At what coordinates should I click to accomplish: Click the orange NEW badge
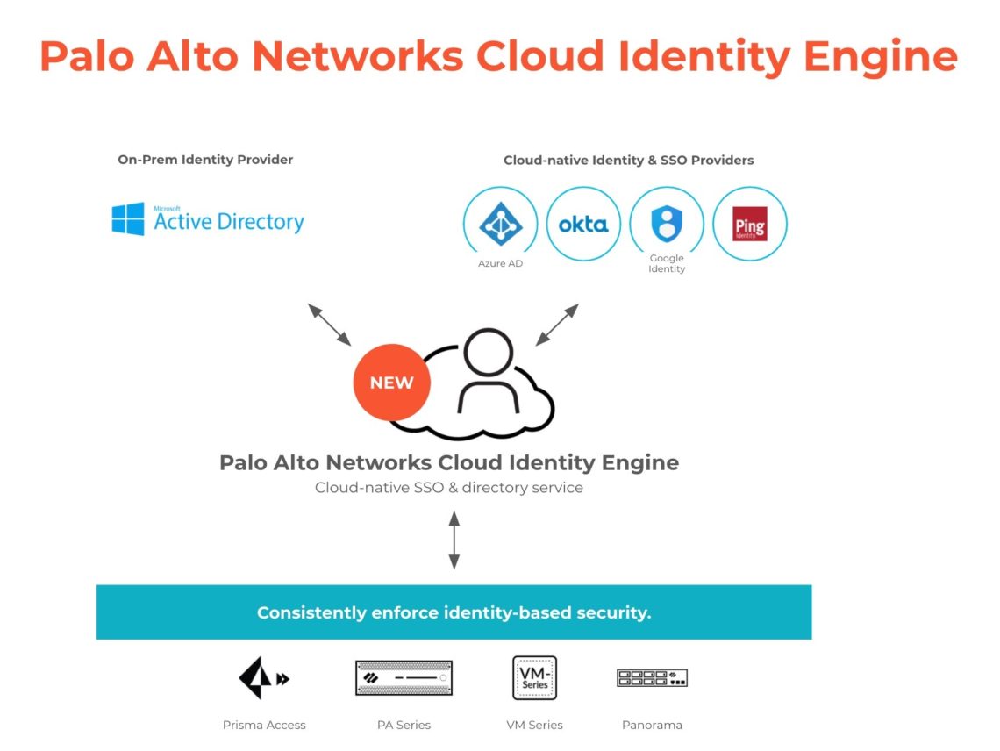tap(391, 383)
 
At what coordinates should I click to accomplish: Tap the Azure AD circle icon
tap(501, 224)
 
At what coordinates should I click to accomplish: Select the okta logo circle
tap(583, 224)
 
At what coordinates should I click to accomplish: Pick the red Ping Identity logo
tap(750, 224)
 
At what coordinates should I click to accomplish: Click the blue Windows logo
tap(128, 219)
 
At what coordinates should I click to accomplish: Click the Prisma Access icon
tap(263, 678)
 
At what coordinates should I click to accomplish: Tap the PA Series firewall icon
tap(404, 678)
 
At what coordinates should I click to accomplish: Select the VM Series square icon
tap(534, 678)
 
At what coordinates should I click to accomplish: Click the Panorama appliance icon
tap(652, 677)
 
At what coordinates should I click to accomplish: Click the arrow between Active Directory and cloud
tap(329, 325)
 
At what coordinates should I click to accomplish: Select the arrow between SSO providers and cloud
tap(557, 325)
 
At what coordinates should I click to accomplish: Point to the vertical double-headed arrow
tap(454, 540)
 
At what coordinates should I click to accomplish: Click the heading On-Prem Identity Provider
tap(205, 160)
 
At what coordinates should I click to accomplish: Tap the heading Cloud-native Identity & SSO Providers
tap(628, 161)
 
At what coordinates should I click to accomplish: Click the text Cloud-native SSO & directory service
tap(448, 487)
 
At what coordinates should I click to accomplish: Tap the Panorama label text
tap(652, 725)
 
